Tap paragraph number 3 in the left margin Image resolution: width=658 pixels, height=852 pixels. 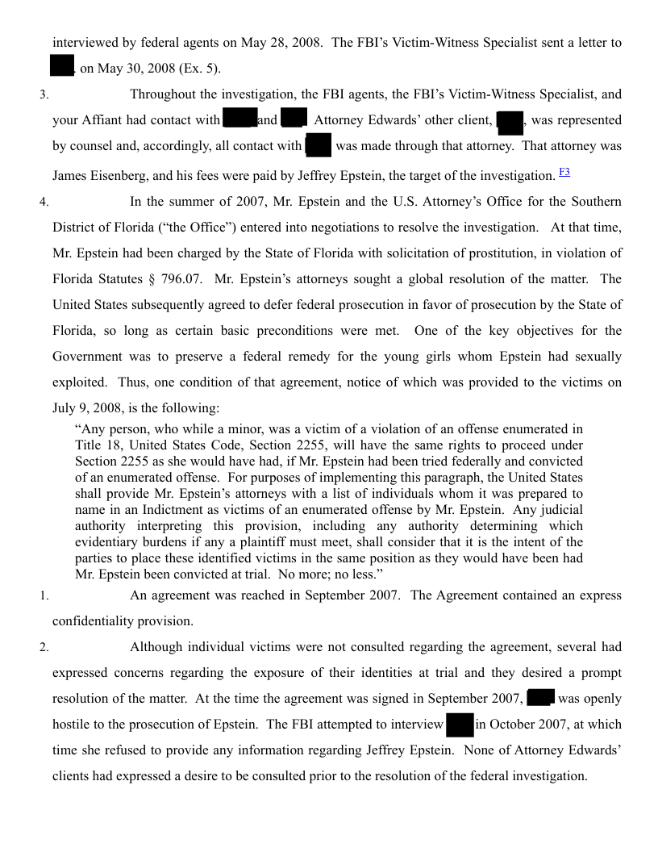click(x=44, y=94)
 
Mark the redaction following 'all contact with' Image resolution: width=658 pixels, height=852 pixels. click(x=319, y=146)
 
